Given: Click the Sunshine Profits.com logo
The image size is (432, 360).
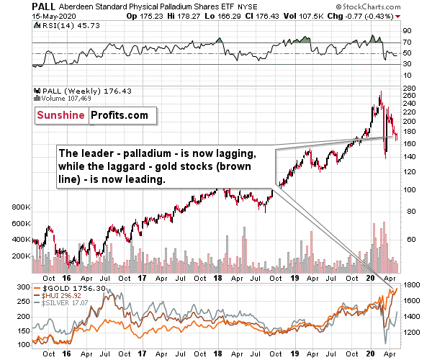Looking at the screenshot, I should [92, 114].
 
